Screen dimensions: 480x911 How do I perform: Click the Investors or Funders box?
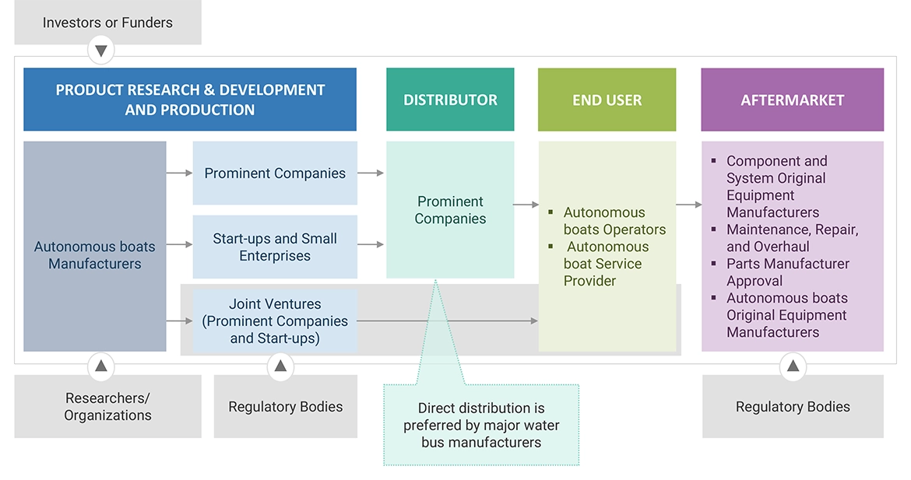click(107, 23)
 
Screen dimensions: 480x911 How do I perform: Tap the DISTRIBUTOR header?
click(450, 100)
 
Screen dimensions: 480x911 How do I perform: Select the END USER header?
click(607, 100)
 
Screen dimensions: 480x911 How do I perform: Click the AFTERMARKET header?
click(792, 100)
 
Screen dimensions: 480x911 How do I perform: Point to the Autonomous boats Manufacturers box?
click(94, 247)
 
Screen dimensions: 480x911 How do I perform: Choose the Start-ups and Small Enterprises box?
click(275, 247)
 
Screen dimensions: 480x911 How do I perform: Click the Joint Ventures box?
click(275, 321)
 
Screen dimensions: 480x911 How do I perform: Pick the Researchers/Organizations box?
click(107, 406)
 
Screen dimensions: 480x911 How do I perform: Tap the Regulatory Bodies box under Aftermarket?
click(793, 407)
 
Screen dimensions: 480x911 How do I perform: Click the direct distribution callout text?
click(480, 425)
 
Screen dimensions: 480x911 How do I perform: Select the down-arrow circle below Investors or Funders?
click(100, 52)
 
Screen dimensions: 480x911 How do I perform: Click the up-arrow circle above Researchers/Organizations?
click(100, 366)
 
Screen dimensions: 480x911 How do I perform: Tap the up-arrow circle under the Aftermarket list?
click(793, 366)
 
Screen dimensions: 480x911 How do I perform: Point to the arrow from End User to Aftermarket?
click(688, 205)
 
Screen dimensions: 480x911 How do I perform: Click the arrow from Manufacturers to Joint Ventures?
click(179, 321)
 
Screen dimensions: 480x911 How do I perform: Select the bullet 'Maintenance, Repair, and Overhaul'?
click(792, 238)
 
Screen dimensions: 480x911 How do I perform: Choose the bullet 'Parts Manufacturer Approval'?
click(787, 272)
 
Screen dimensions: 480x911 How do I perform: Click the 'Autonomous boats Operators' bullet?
click(614, 221)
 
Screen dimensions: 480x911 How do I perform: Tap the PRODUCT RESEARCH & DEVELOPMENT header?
click(190, 100)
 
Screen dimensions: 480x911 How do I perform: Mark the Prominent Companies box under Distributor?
click(450, 210)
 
